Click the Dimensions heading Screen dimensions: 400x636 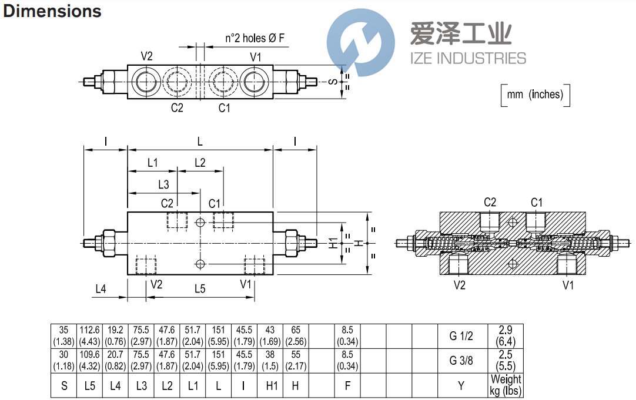point(52,11)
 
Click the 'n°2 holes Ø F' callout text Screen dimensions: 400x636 point(255,39)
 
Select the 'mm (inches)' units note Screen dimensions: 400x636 point(535,94)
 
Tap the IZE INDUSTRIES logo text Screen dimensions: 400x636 point(467,58)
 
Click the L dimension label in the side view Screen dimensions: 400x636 point(200,142)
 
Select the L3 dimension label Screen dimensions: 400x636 point(163,184)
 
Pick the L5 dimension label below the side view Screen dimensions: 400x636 point(200,288)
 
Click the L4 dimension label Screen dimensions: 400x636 point(101,288)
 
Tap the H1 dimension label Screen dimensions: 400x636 point(333,243)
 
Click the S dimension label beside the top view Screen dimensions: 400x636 point(333,82)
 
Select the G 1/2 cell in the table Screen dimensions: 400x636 point(461,337)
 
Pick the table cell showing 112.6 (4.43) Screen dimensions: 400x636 point(90,337)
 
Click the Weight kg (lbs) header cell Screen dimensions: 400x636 point(506,385)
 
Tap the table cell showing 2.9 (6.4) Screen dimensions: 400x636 point(506,337)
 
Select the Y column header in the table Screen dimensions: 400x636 point(461,386)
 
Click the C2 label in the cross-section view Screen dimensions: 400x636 point(490,203)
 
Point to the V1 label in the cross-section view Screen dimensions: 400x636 point(568,285)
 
